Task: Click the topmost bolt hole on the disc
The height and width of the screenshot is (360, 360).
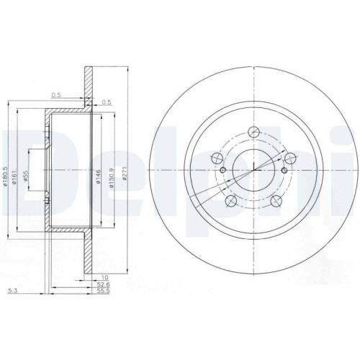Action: (x=253, y=132)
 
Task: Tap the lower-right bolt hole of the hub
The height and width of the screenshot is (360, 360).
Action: (x=277, y=202)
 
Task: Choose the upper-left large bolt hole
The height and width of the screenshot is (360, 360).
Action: (x=215, y=158)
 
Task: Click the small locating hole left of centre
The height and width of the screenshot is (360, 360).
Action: (x=222, y=171)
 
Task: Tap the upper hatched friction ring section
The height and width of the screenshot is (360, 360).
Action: (x=87, y=86)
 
